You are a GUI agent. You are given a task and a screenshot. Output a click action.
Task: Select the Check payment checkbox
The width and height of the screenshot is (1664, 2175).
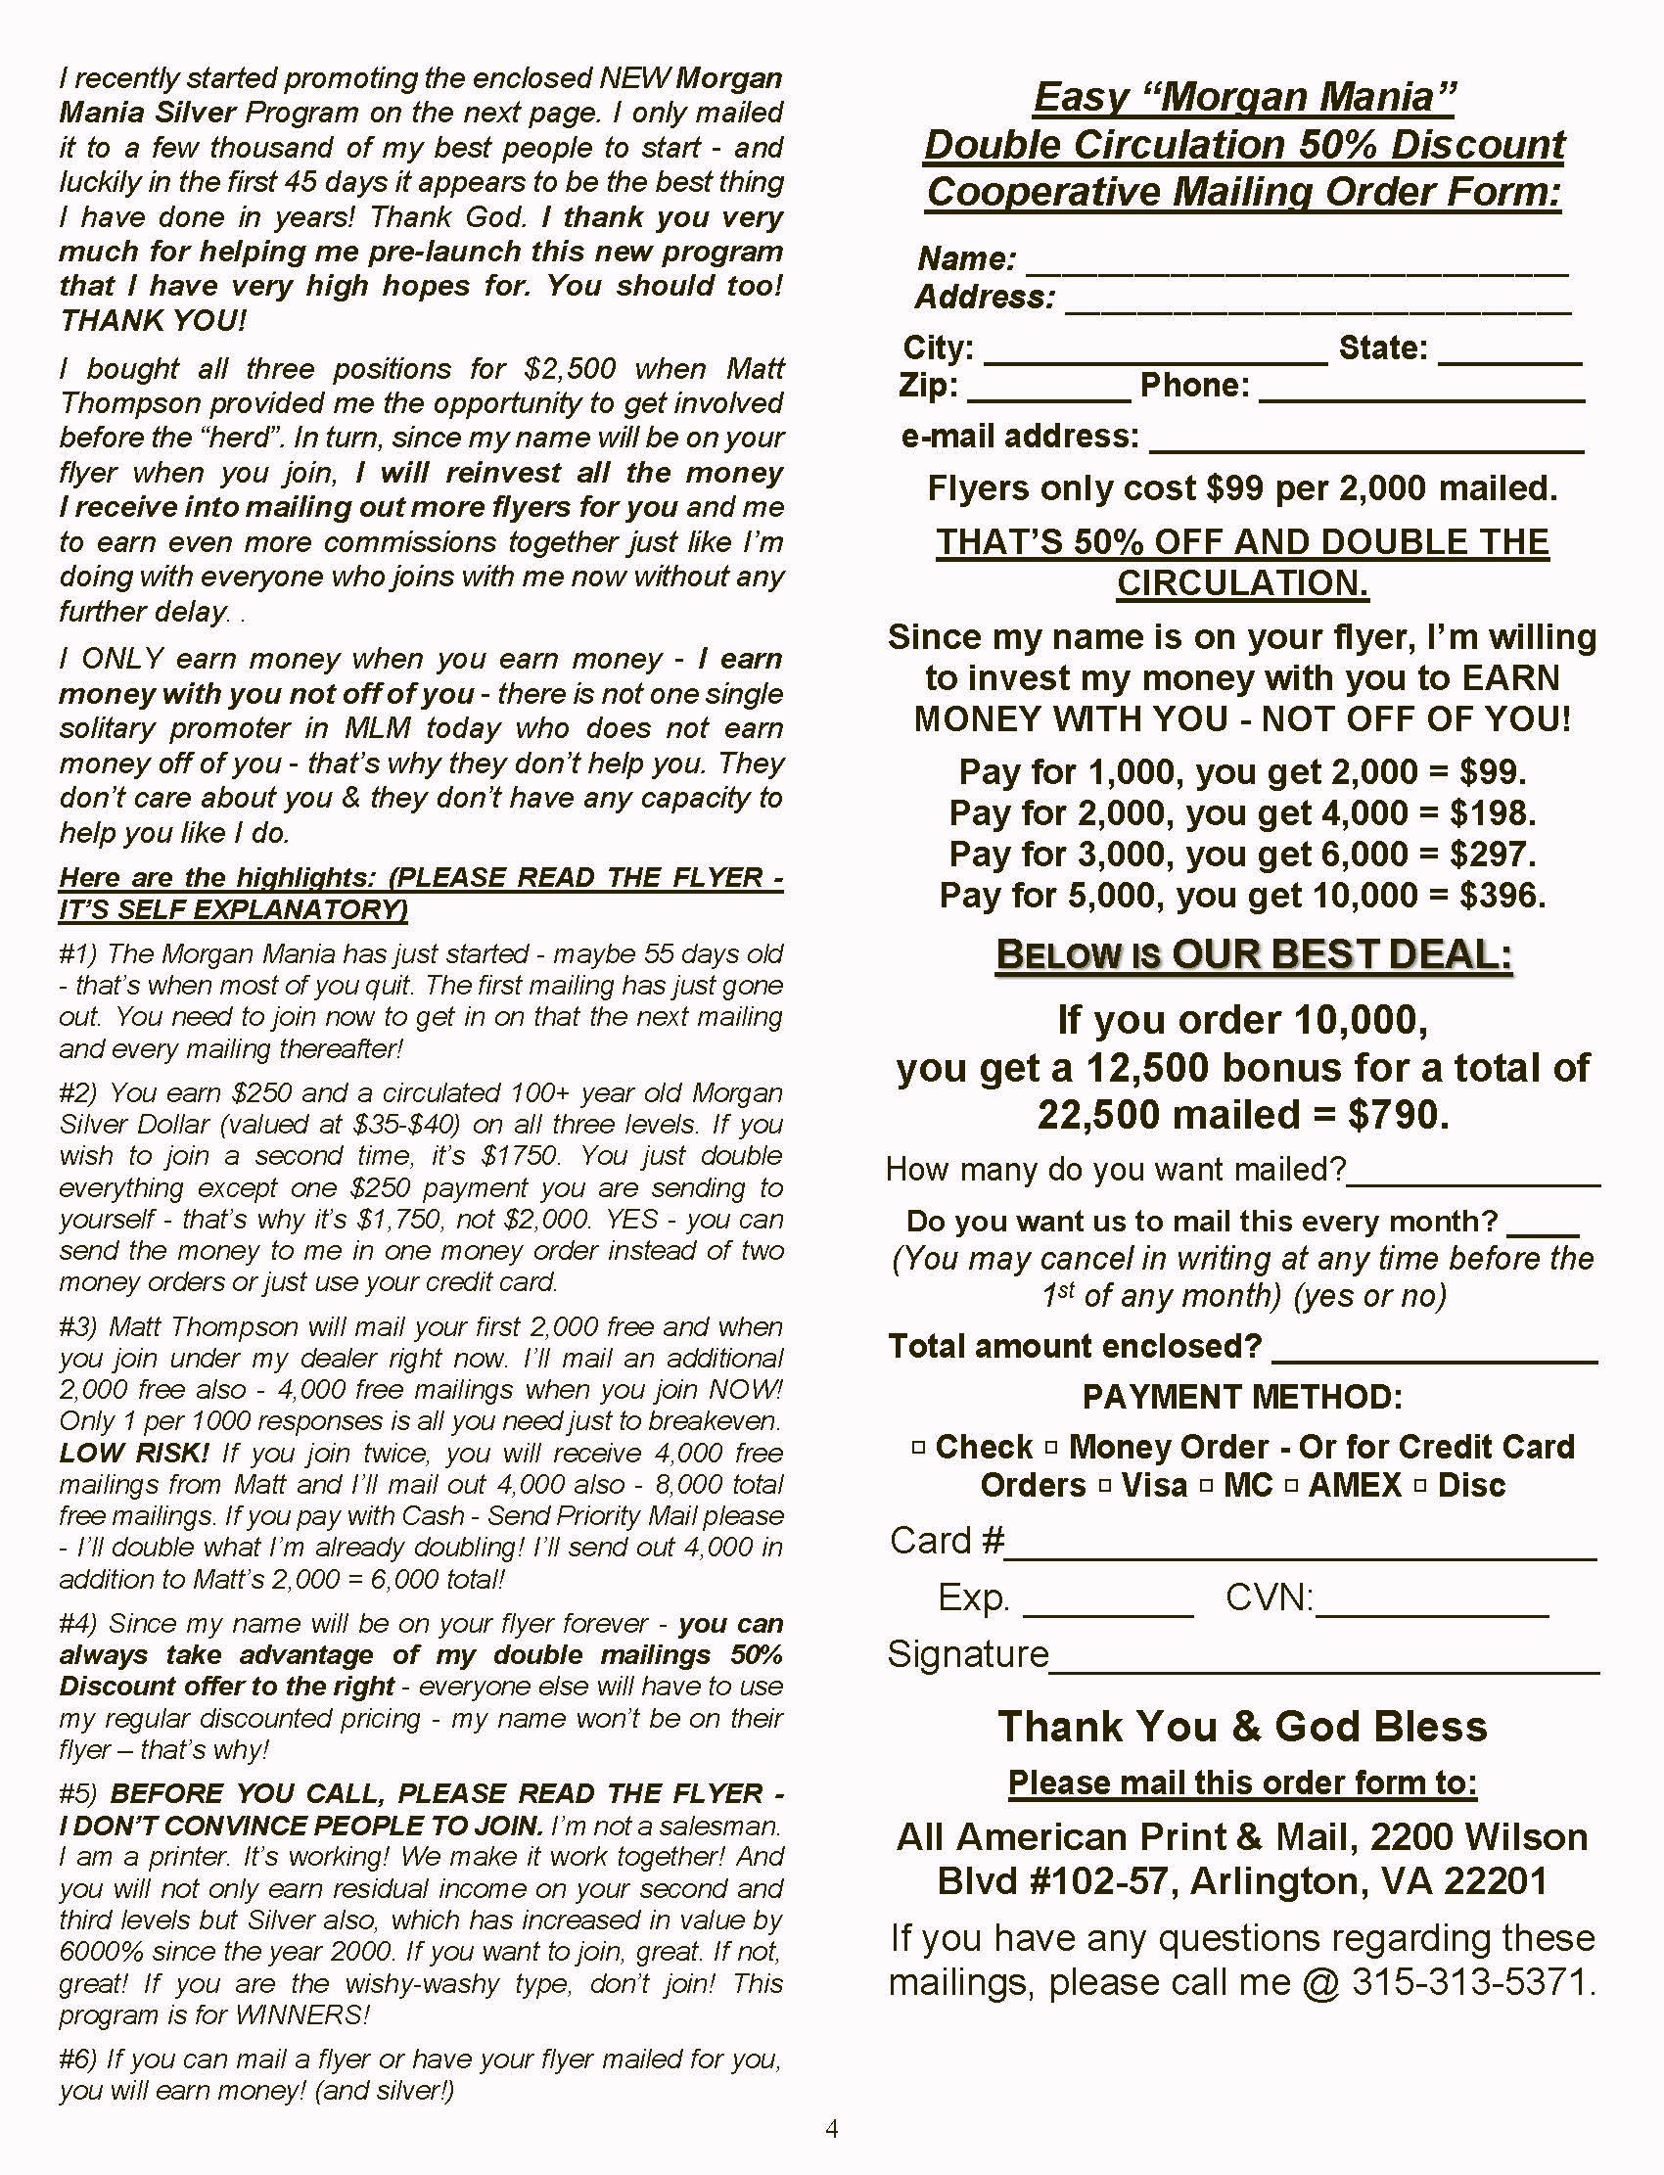click(917, 1448)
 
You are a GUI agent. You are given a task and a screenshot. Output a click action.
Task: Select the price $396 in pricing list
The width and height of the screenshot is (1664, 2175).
click(1502, 897)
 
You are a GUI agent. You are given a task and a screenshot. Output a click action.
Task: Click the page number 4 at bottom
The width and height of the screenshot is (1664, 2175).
click(832, 2128)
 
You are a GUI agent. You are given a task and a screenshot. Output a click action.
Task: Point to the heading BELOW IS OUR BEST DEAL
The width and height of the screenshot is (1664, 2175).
click(1254, 954)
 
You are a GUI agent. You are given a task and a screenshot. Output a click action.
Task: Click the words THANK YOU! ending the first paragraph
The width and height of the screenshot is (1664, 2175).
click(153, 321)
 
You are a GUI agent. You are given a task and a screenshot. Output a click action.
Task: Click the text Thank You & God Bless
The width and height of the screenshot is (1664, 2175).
click(1242, 1728)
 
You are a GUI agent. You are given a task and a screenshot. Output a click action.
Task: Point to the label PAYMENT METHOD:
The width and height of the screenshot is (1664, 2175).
click(1242, 1398)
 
